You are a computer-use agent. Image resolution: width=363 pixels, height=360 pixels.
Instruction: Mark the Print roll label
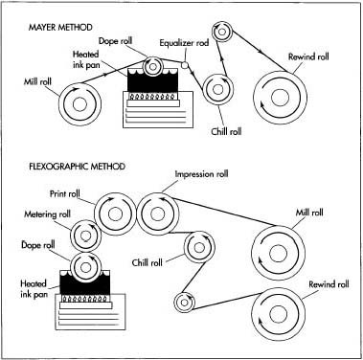click(x=82, y=194)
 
